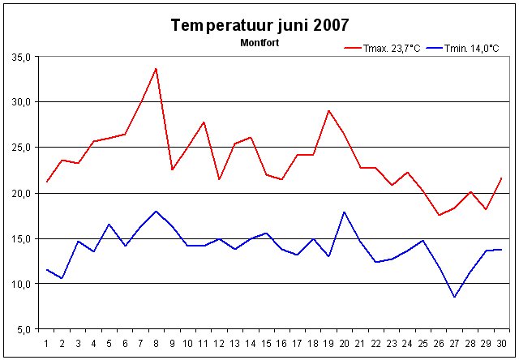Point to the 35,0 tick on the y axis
click(21, 57)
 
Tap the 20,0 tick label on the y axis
click(21, 193)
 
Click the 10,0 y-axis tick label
click(21, 284)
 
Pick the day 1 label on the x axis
click(47, 343)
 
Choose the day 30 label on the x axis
click(502, 343)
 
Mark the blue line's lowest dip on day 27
click(455, 297)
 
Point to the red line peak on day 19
click(329, 110)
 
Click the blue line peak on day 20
click(345, 212)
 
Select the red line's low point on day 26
click(440, 215)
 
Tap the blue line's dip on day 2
click(62, 278)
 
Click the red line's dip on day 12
click(219, 179)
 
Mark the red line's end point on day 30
click(502, 178)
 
